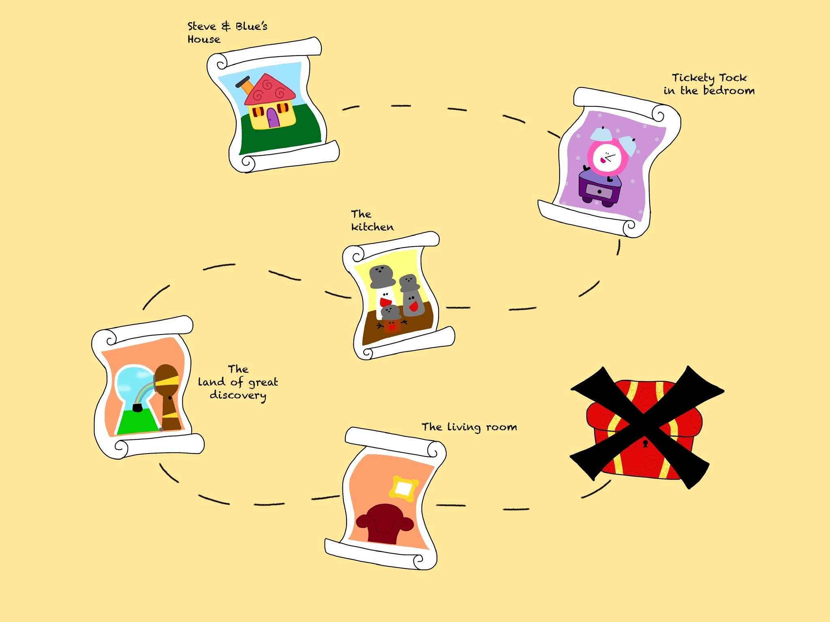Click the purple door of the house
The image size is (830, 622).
tap(274, 118)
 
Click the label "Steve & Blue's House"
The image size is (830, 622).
tap(227, 32)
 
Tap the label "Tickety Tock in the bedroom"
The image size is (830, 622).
tap(709, 84)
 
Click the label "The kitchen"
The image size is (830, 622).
tap(372, 220)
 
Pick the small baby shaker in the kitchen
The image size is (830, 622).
tap(391, 319)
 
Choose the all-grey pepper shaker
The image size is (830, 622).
tap(412, 295)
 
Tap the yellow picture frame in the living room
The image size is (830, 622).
tap(403, 489)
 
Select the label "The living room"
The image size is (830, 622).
tap(469, 427)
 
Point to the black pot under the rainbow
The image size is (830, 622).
tap(138, 407)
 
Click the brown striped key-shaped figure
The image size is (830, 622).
tap(168, 397)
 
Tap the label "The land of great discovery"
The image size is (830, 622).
tap(238, 383)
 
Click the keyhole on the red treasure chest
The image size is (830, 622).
tap(645, 443)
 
